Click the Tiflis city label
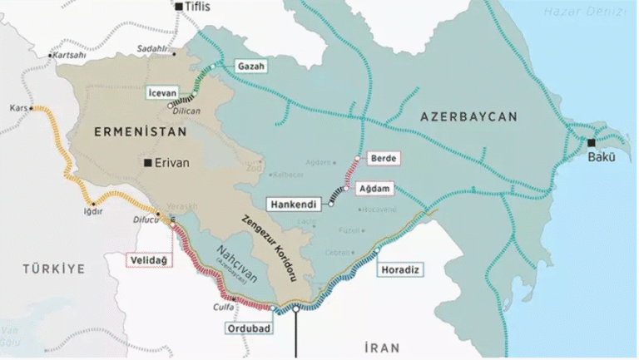point(198,7)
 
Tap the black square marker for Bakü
point(592,142)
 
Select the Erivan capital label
point(172,163)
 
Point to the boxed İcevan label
point(164,91)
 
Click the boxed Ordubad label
point(250,328)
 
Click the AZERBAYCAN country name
point(468,116)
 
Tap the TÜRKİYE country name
point(53,269)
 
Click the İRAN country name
point(382,347)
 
